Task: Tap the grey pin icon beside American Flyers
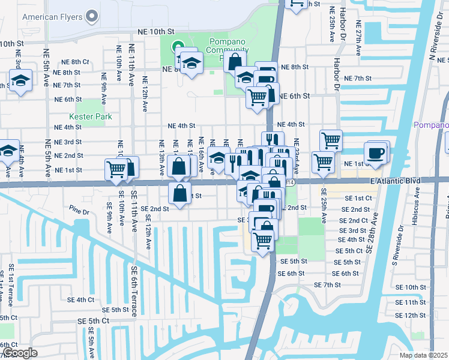pos(92,16)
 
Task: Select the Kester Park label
pos(90,116)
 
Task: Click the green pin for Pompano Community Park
pos(177,46)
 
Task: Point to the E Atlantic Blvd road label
pos(387,181)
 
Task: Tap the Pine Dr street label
pos(79,211)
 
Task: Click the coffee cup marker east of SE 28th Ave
pos(376,152)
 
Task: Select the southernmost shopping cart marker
pos(262,241)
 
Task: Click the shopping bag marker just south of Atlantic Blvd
pos(180,193)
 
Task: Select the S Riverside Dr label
pos(395,250)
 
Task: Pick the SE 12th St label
pos(411,315)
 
